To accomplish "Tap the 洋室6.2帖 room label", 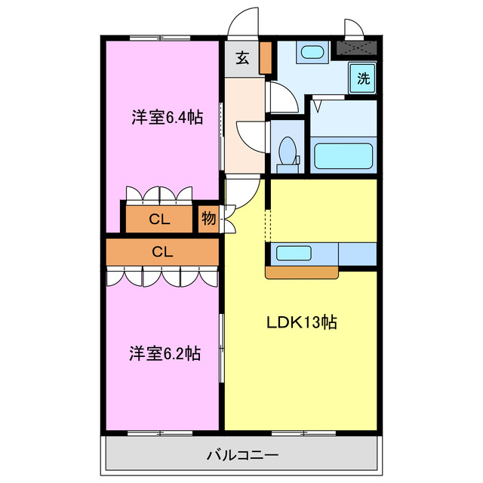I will tap(164, 352).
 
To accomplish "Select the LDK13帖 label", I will tap(300, 322).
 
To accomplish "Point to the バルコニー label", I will tap(242, 456).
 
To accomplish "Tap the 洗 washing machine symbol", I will tap(364, 77).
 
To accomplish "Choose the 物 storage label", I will tap(209, 220).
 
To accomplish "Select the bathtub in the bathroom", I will tap(343, 156).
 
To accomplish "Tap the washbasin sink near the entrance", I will tap(311, 54).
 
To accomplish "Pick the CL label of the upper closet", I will tap(158, 220).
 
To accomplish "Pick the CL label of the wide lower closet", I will tap(162, 252).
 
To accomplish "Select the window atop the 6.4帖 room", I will tap(158, 38).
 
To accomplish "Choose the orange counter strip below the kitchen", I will tap(301, 272).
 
